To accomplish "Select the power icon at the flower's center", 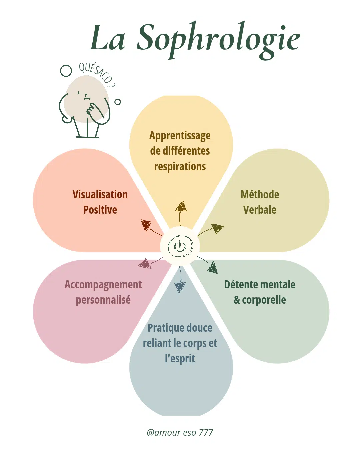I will click(x=180, y=246).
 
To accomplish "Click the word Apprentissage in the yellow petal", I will click(x=180, y=136).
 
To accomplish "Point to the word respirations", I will click(x=180, y=166).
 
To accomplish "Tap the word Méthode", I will click(x=260, y=194).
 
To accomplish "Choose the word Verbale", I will click(x=260, y=210).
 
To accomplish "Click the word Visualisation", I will click(x=100, y=194).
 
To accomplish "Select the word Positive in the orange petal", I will click(x=100, y=210).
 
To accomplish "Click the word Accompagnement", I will click(x=103, y=285).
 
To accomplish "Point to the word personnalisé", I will click(x=103, y=300).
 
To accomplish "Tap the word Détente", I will click(x=241, y=285).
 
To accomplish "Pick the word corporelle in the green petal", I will click(x=264, y=300).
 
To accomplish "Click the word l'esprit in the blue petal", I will click(x=180, y=358).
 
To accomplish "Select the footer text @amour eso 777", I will click(x=180, y=432).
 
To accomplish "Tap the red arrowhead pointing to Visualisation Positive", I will click(x=146, y=225).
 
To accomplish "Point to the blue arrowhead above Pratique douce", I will click(x=180, y=287).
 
